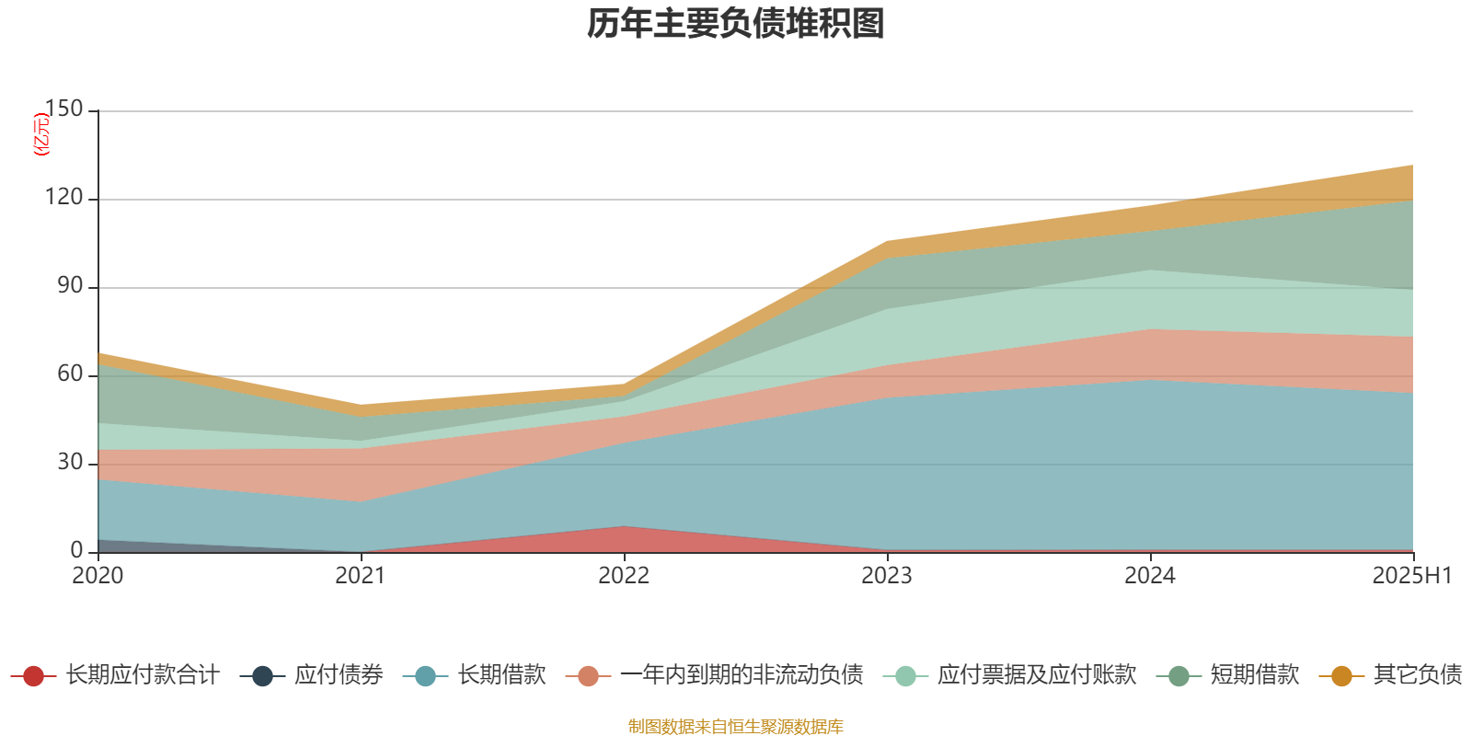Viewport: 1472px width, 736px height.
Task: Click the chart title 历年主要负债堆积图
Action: coord(736,24)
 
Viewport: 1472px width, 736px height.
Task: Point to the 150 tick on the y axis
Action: coord(63,109)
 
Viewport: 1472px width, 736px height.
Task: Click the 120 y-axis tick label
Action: coord(63,198)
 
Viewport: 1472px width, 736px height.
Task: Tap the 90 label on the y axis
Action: coord(69,286)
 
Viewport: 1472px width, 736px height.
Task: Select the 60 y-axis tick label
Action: coord(69,374)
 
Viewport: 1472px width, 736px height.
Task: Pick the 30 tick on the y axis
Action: coord(69,463)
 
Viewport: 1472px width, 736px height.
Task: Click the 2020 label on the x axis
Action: coord(98,576)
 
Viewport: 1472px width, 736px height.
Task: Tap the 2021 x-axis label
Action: coord(361,576)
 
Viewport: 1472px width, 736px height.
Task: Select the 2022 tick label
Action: coord(624,576)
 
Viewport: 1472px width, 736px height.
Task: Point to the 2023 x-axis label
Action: coord(887,576)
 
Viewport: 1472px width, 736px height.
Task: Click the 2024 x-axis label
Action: coord(1150,576)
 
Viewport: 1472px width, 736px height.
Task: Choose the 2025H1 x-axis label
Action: coord(1411,576)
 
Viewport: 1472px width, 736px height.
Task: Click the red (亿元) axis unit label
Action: coord(41,134)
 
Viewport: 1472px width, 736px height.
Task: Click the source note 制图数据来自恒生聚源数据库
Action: coord(736,727)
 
